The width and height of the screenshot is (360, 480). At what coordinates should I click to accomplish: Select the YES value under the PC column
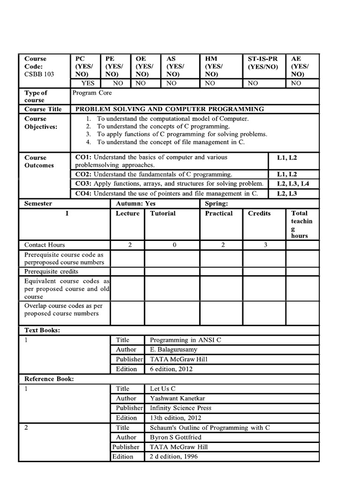(88, 83)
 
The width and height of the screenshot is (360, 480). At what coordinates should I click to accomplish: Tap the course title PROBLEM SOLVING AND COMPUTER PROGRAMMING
(170, 109)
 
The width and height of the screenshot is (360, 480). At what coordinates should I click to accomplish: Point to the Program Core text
(92, 93)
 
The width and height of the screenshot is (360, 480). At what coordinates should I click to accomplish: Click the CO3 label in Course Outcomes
(83, 184)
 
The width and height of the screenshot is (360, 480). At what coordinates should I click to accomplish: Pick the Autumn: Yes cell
(136, 203)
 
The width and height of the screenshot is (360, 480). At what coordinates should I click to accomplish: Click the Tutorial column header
(163, 213)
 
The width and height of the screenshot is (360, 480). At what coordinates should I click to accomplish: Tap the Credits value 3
(265, 245)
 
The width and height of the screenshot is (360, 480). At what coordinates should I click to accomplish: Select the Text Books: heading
(42, 330)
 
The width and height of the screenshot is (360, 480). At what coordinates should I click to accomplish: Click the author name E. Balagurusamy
(173, 350)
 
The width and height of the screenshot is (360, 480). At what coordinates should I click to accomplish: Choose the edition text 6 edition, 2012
(171, 369)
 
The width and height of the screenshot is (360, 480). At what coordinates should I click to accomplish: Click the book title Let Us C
(163, 389)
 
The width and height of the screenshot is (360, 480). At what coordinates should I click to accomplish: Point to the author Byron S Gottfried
(176, 437)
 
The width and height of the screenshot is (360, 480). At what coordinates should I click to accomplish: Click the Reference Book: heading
(49, 379)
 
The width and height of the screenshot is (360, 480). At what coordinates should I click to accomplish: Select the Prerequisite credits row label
(51, 271)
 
